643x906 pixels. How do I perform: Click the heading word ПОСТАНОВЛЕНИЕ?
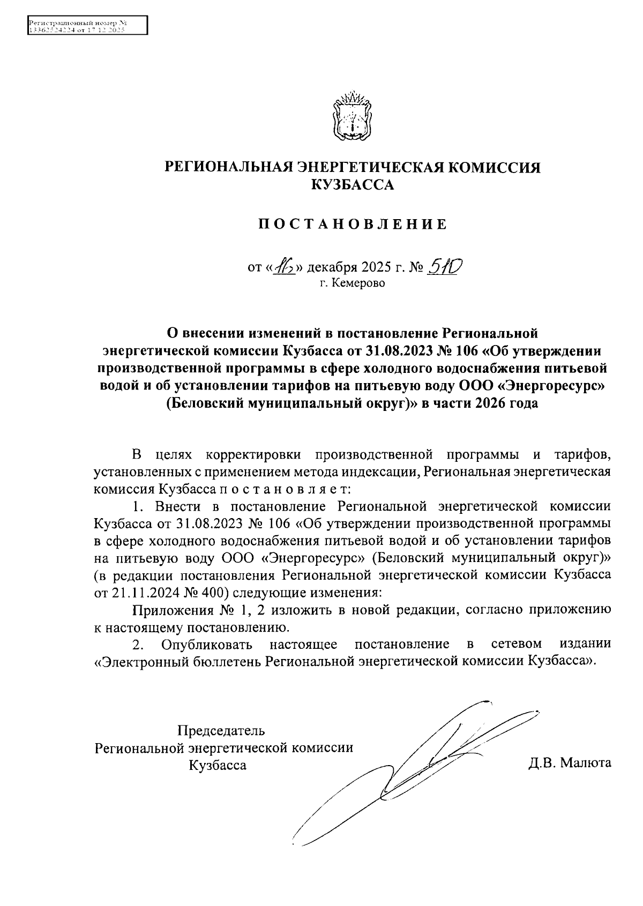pos(352,224)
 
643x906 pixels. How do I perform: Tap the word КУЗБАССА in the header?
pos(352,185)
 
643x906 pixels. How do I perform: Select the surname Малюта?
pos(585,763)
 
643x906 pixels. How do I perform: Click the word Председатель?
pos(221,730)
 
